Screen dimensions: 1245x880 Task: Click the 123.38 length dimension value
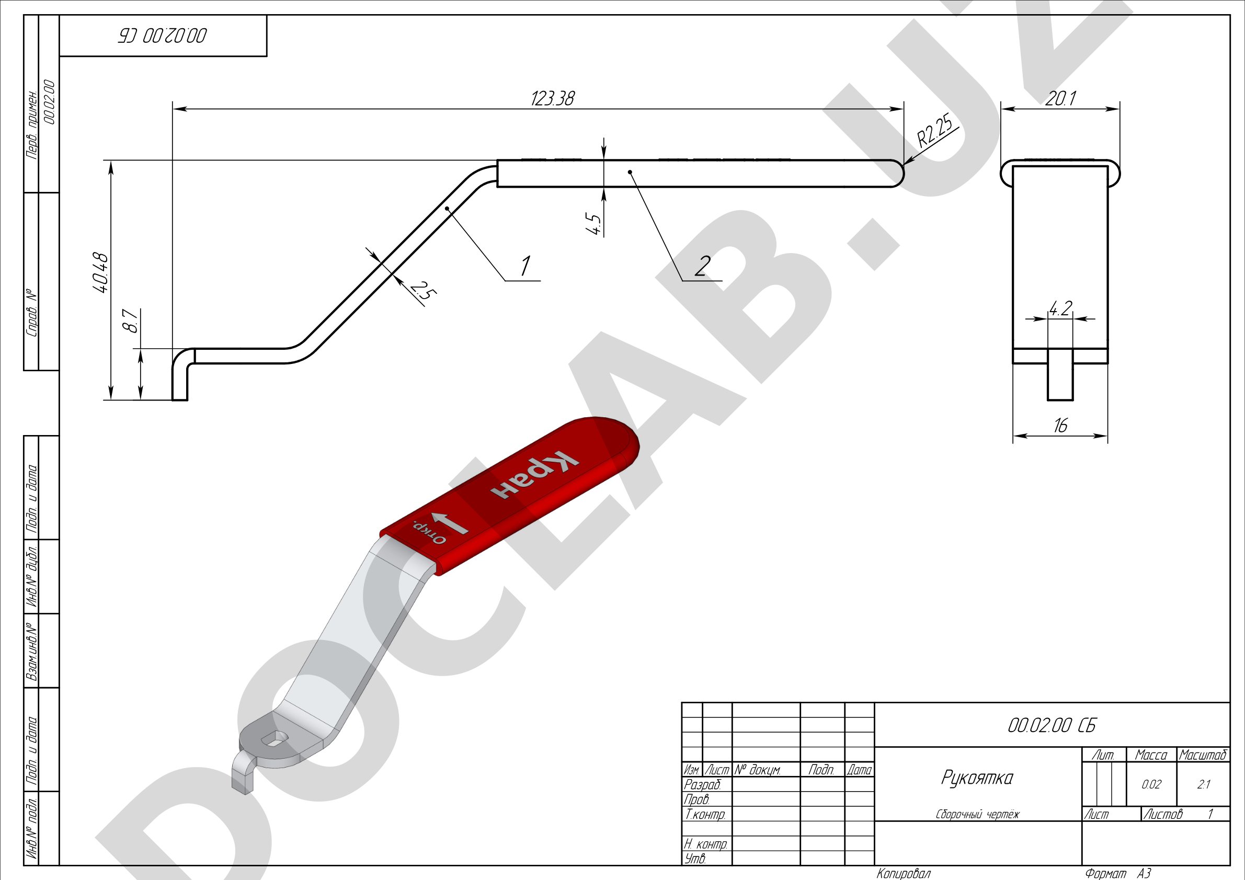[x=552, y=99]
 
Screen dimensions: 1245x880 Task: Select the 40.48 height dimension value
[x=101, y=273]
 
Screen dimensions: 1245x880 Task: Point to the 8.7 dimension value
[x=131, y=321]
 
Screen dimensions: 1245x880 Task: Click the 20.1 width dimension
[x=1060, y=99]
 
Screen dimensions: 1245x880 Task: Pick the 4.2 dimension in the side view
[x=1060, y=308]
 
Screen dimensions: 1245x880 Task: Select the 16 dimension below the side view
[x=1060, y=426]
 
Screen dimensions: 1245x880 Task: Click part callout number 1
[x=525, y=266]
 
